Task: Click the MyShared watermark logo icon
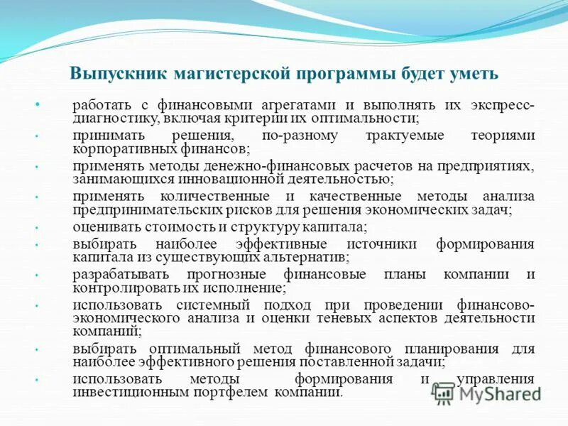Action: pyautogui.click(x=444, y=392)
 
